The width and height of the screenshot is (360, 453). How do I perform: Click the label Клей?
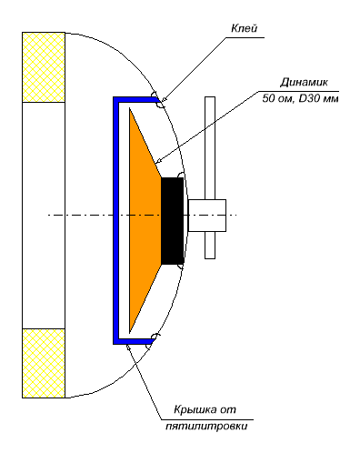pyautogui.click(x=245, y=28)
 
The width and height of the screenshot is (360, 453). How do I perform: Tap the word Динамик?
pyautogui.click(x=304, y=82)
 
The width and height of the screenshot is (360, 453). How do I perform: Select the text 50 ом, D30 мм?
pyautogui.click(x=300, y=98)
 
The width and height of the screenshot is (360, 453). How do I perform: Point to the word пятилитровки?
pyautogui.click(x=206, y=426)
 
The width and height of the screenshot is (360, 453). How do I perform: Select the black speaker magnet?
pyautogui.click(x=173, y=220)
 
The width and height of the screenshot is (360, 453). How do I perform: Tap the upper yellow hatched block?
pyautogui.click(x=44, y=67)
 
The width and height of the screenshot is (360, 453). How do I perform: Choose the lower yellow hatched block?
pyautogui.click(x=44, y=363)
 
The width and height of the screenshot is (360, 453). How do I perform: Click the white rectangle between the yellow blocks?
pyautogui.click(x=44, y=216)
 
